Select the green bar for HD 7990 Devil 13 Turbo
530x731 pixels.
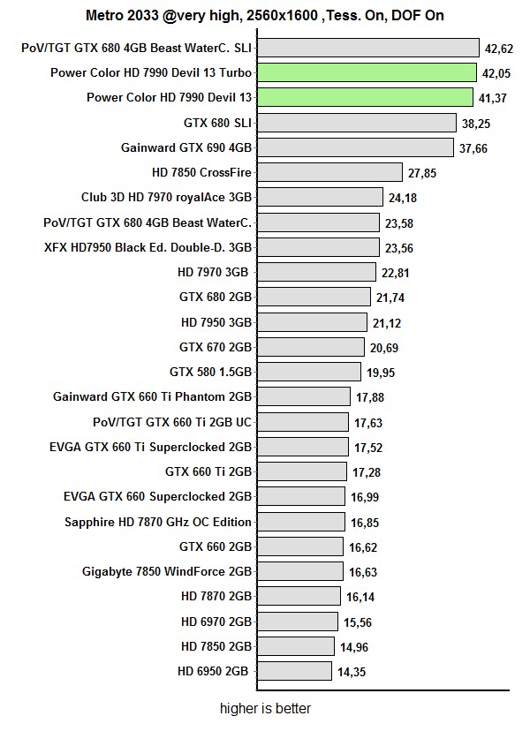367,72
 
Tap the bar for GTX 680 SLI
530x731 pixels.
357,123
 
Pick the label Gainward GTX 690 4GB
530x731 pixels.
186,148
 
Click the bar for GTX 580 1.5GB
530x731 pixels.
309,372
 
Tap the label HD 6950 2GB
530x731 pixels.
213,672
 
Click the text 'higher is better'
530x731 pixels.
265,708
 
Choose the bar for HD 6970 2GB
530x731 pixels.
298,622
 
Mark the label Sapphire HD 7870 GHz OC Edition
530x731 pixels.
158,522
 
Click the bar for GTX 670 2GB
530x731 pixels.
311,347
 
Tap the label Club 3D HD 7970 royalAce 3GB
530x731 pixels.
166,198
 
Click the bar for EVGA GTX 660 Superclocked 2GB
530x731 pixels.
301,496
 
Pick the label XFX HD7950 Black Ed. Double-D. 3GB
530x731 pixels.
148,248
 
